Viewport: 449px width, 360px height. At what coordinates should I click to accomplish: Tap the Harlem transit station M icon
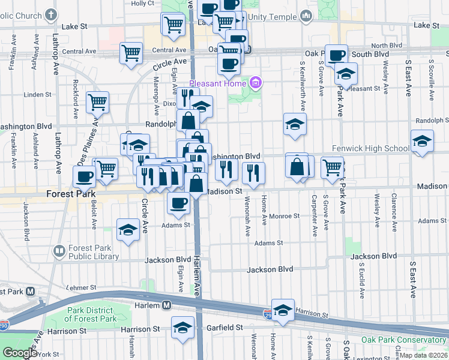tap(167, 305)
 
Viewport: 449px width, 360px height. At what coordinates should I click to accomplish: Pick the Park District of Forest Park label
tap(89, 314)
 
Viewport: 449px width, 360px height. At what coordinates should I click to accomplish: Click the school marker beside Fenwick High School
tap(422, 142)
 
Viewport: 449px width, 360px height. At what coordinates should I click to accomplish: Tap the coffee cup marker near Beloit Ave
tap(84, 176)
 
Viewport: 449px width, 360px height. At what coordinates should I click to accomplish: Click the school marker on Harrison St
tap(283, 309)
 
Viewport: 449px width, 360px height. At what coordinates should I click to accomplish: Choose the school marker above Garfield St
tap(182, 327)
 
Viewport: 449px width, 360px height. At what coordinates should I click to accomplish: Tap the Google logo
tap(20, 353)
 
